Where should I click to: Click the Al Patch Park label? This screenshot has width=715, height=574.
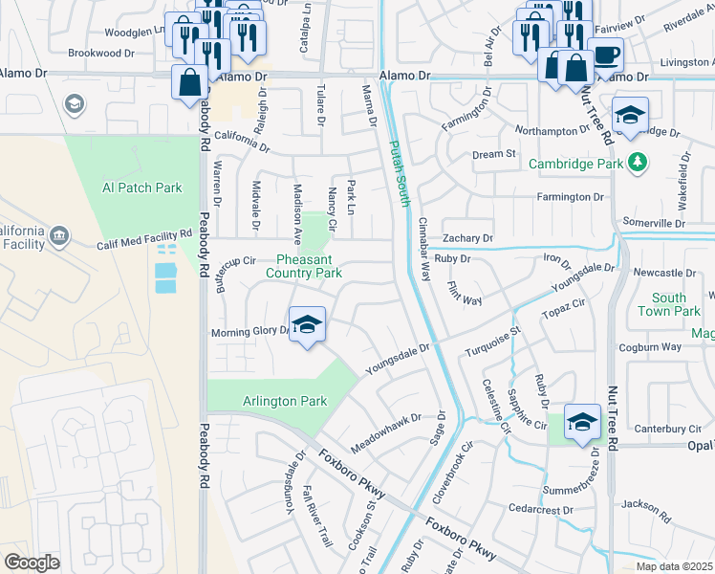tap(141, 188)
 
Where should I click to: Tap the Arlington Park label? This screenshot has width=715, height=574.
tap(286, 402)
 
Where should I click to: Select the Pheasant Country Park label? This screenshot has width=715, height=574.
tap(309, 266)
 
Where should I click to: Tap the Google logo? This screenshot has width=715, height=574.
tap(32, 563)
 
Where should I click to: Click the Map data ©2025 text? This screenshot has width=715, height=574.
tap(674, 566)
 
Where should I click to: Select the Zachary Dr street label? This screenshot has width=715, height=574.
tap(467, 238)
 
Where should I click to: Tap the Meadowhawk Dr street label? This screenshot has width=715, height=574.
tap(385, 431)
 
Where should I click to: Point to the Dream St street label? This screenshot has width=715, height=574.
tap(494, 154)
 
